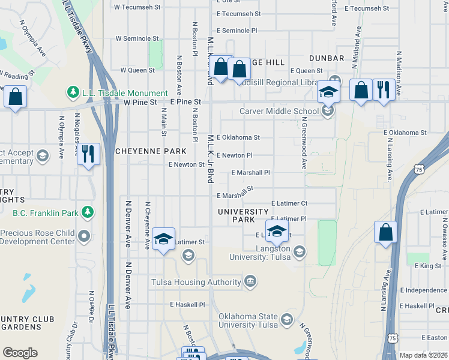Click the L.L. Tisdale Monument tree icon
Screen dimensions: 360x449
73,92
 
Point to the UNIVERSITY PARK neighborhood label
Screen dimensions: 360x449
243,215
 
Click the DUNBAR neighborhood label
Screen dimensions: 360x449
327,58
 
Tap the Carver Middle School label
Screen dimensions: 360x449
279,111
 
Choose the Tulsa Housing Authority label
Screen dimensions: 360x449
196,281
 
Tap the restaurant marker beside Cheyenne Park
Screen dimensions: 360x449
88,154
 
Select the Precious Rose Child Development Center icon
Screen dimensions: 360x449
85,236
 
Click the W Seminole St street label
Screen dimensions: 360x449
137,38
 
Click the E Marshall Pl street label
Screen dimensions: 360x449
251,173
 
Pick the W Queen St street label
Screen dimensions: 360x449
137,70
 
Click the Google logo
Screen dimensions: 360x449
20,353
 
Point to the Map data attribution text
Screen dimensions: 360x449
423,355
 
